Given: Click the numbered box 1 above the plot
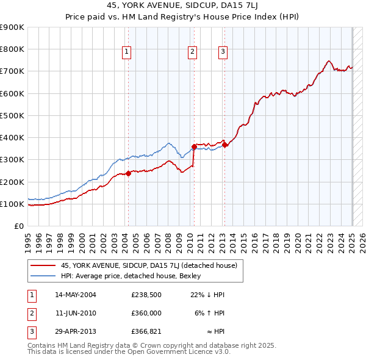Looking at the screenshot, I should [126, 52].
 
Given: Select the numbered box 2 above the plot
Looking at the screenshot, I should [192, 52].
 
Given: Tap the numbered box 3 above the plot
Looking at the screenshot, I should [223, 52].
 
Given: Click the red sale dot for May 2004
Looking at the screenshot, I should [129, 173].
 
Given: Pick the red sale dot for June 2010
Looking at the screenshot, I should [194, 146].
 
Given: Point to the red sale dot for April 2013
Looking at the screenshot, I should [225, 145].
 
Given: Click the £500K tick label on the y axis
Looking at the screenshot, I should [12, 115].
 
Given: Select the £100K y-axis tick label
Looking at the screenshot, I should [12, 204].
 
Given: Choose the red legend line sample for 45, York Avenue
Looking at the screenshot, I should [43, 265].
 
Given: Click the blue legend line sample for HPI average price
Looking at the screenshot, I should [43, 275].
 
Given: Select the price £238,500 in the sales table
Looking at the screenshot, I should [146, 295].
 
